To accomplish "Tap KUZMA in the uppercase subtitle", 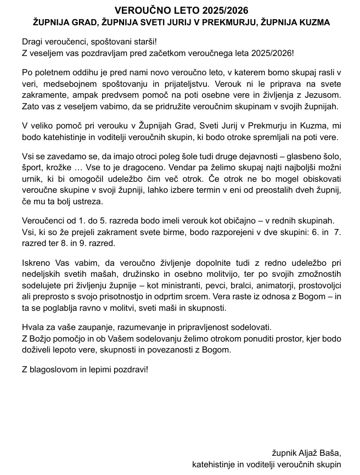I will pyautogui.click(x=314, y=23).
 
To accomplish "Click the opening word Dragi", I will pyautogui.click(x=32, y=42).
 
